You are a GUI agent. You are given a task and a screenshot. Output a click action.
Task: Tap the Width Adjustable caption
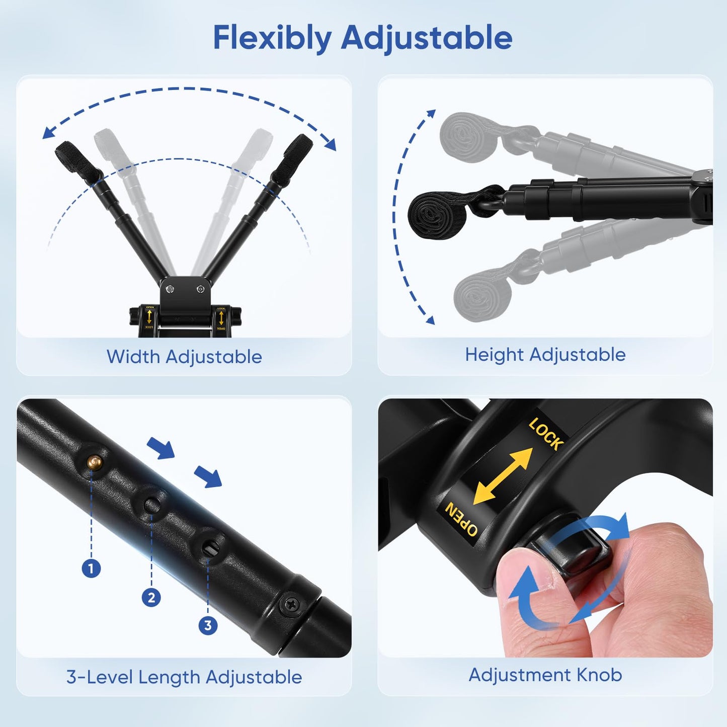(x=184, y=357)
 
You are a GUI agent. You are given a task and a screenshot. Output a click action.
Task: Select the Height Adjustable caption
(x=545, y=355)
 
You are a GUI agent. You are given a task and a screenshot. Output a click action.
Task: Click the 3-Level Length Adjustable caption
(x=184, y=677)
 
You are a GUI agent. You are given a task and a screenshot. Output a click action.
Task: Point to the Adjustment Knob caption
(x=545, y=675)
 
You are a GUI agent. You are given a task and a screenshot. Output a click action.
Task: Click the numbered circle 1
(x=91, y=568)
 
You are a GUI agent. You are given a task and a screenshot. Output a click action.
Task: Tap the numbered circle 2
(x=151, y=598)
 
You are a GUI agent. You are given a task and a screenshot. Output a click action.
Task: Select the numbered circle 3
(x=208, y=625)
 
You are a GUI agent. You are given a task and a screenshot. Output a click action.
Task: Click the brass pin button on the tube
(x=94, y=461)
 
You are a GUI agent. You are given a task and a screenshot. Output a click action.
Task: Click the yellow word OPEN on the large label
(x=461, y=519)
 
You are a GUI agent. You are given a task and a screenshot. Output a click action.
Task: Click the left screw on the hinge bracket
(x=170, y=289)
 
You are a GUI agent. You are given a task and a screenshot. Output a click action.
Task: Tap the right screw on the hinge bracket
(x=200, y=289)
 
